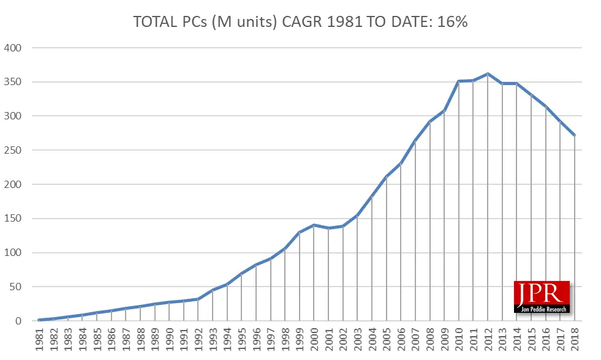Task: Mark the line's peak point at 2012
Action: tap(488, 74)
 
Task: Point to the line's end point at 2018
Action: tap(575, 135)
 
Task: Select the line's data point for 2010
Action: tap(459, 81)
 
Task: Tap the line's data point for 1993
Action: tap(213, 290)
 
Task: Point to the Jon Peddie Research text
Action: tap(542, 308)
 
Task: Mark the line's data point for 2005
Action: tap(387, 177)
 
